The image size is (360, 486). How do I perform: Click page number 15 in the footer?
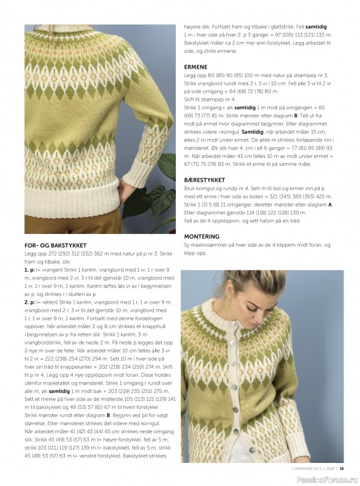[342, 468]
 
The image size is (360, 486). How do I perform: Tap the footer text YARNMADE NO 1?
[305, 468]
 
